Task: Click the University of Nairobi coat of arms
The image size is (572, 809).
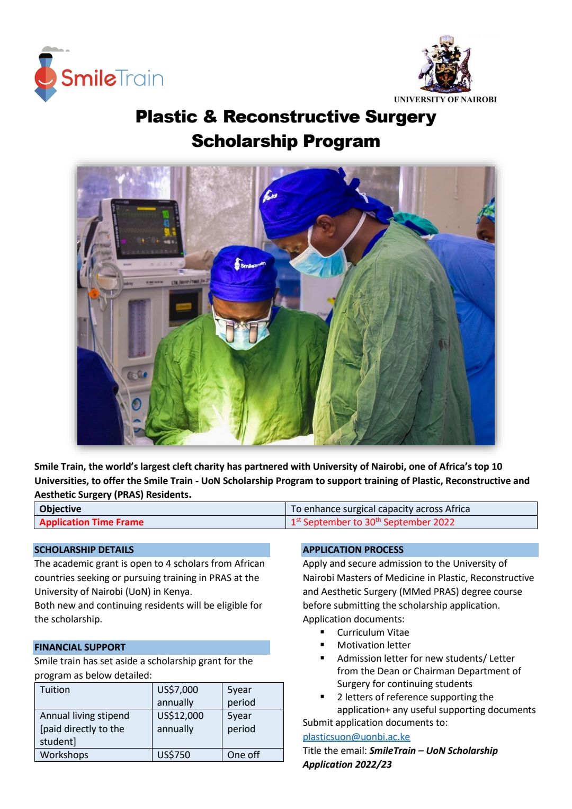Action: tap(445, 66)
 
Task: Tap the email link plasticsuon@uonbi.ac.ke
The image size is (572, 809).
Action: tap(356, 737)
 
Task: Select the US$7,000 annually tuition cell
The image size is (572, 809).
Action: tap(186, 696)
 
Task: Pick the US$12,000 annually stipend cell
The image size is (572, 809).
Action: tap(186, 722)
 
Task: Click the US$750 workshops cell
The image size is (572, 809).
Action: tap(186, 755)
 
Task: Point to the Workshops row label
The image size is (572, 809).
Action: tap(65, 755)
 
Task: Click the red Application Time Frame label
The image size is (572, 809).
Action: tap(92, 522)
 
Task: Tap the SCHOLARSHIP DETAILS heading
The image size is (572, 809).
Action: tap(84, 550)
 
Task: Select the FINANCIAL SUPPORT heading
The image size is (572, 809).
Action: tap(80, 647)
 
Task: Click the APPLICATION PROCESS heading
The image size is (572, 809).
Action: tap(353, 550)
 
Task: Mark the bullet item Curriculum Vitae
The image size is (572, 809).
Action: tap(373, 632)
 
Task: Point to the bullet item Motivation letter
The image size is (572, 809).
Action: tap(374, 645)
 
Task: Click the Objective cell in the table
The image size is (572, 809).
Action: tap(60, 509)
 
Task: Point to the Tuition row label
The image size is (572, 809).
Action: tap(55, 690)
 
